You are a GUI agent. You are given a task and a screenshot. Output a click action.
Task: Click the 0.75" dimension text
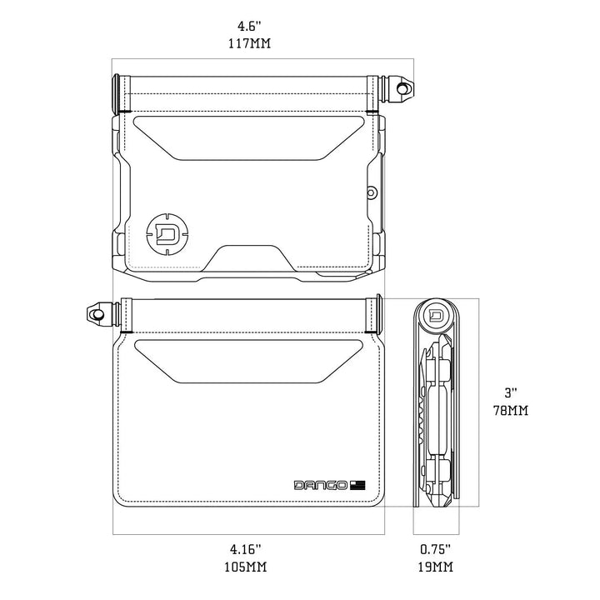tap(435, 549)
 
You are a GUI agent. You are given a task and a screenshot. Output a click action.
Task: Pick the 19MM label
tap(435, 567)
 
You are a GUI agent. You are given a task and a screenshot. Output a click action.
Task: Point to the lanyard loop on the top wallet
tap(404, 87)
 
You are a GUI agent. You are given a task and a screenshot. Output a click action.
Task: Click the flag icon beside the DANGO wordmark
tap(358, 485)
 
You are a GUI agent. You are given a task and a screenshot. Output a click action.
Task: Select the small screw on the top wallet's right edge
tap(370, 193)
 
